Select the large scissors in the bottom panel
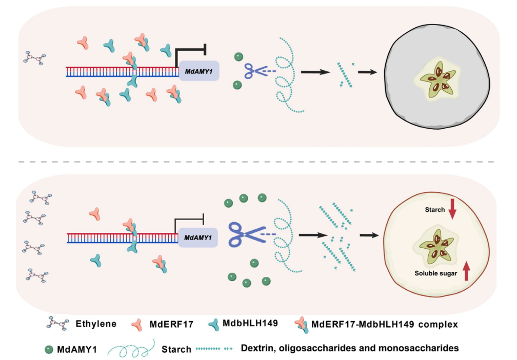(x=244, y=235)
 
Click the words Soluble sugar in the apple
(x=435, y=272)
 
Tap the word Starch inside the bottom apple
(x=434, y=210)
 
